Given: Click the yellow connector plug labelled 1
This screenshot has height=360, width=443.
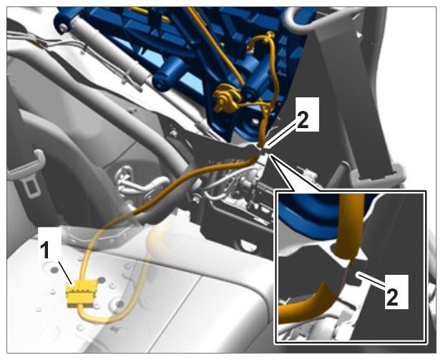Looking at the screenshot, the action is click(82, 294).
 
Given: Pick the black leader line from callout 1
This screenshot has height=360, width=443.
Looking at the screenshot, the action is click(65, 273).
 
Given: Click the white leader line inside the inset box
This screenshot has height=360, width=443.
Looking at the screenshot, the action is click(371, 281).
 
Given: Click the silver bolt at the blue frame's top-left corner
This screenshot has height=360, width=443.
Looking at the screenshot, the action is click(63, 27).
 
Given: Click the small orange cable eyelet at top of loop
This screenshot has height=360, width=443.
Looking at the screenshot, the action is click(270, 34).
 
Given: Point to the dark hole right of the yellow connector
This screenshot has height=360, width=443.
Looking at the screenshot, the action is click(120, 304).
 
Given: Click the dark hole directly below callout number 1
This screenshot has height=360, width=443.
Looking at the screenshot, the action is click(54, 271).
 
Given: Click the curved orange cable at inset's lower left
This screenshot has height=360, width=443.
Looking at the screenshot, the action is click(306, 306).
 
